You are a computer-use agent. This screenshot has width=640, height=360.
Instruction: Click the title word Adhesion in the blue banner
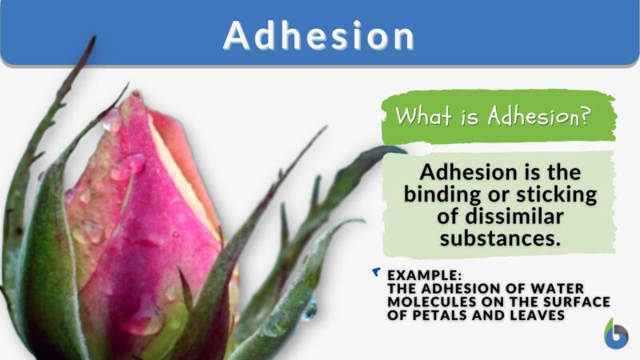coord(320,35)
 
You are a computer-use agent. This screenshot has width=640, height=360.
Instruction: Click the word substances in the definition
coord(498,239)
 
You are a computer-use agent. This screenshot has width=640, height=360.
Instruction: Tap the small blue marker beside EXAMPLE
coord(377,273)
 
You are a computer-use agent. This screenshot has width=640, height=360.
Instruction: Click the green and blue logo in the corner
coord(615,334)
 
